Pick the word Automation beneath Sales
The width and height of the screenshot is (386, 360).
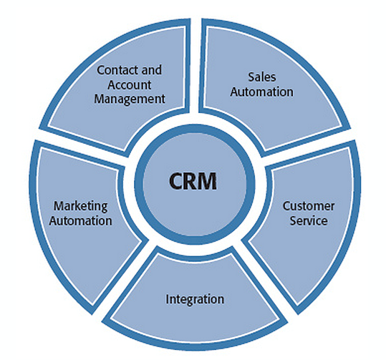tap(266, 91)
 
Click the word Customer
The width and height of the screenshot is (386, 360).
tap(308, 207)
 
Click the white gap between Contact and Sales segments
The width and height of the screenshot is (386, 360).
tap(195, 72)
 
